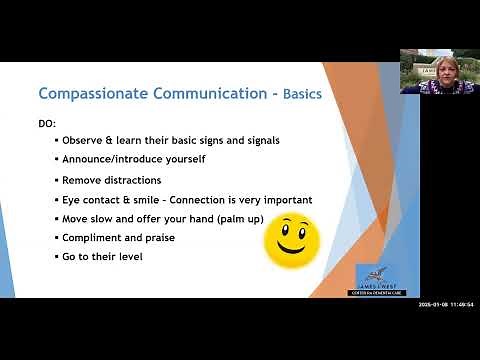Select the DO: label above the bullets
47,123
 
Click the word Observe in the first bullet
82,140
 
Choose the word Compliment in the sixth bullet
93,238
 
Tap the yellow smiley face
292,241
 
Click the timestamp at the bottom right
447,304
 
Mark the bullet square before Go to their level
56,257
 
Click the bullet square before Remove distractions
56,180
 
